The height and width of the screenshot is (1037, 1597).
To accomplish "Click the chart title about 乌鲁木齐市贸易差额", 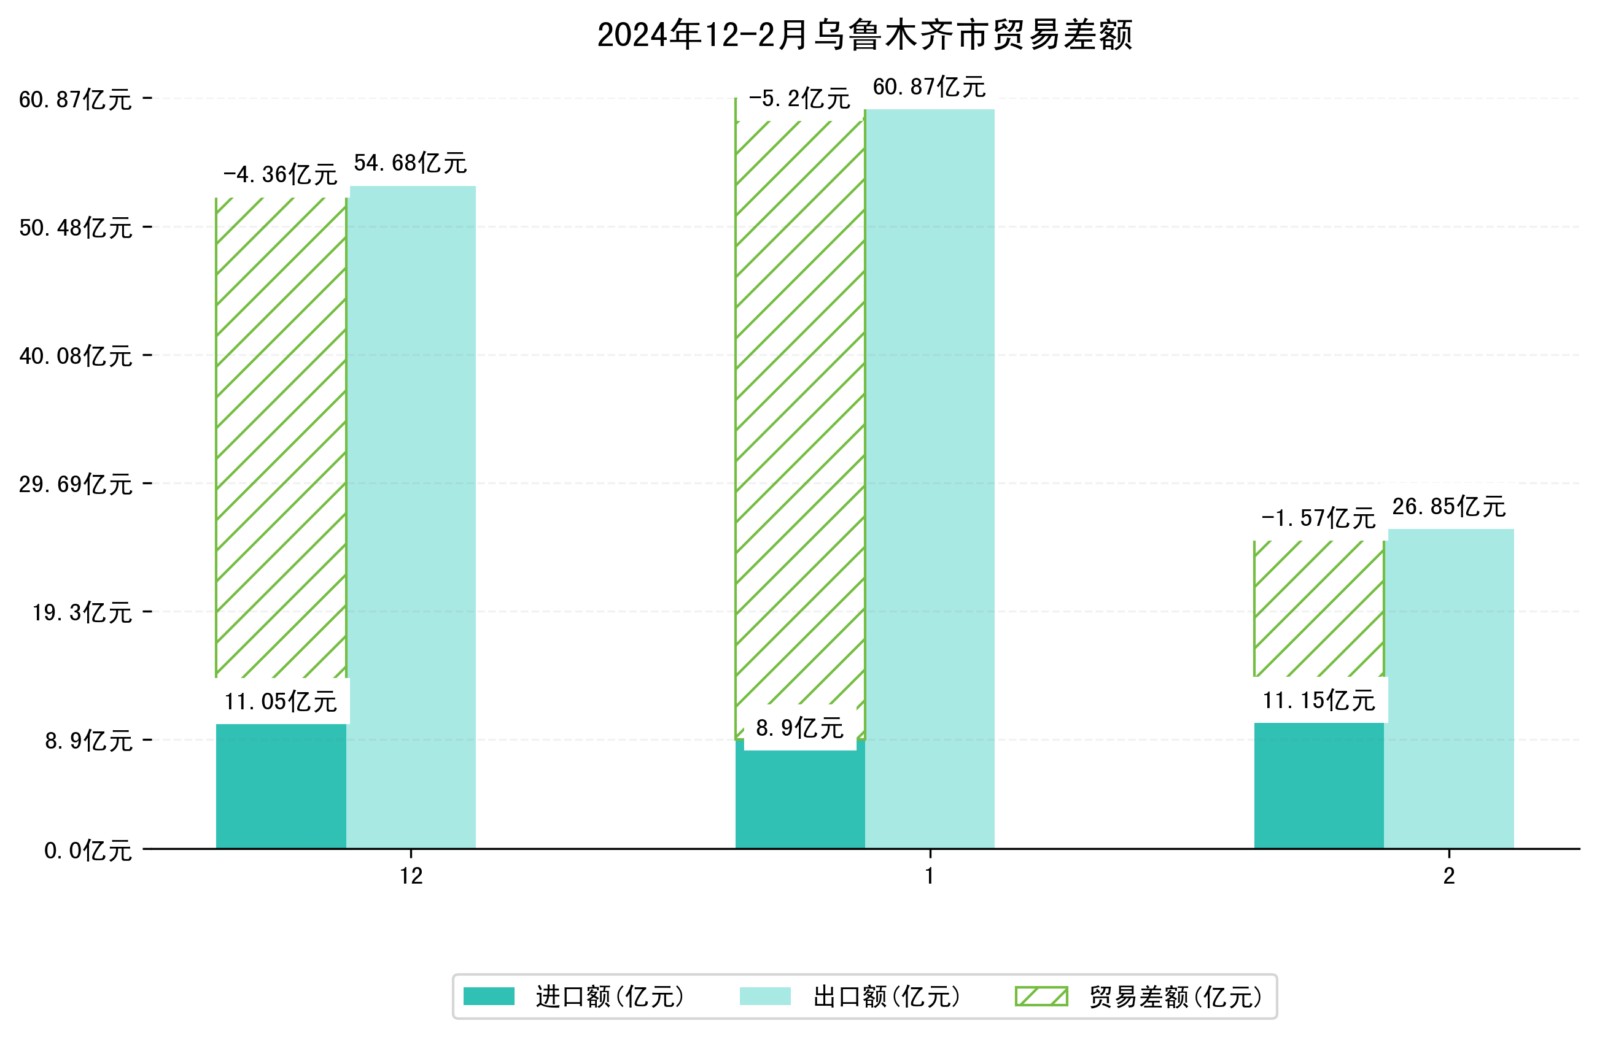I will (865, 35).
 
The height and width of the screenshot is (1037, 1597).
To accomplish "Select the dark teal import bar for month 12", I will (281, 785).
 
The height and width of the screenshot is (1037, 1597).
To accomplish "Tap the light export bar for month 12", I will (412, 517).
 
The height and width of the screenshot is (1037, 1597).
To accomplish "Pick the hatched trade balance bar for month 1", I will (800, 416).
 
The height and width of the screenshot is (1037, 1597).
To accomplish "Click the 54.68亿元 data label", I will (410, 163).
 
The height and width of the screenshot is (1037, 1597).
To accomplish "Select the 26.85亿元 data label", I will (1448, 506).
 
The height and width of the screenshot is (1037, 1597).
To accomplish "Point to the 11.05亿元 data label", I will (281, 701).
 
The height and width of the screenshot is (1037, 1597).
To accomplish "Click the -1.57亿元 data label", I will (1318, 518).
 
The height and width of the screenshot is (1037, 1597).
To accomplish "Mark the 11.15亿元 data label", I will (1318, 700).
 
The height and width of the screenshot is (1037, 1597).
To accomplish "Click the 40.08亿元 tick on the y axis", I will (75, 356).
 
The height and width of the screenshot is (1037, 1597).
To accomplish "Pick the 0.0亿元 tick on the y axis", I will (87, 851).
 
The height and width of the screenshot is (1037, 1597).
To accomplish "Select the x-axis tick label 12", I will (411, 876).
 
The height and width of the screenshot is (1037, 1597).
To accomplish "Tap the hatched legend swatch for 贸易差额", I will (1041, 997).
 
